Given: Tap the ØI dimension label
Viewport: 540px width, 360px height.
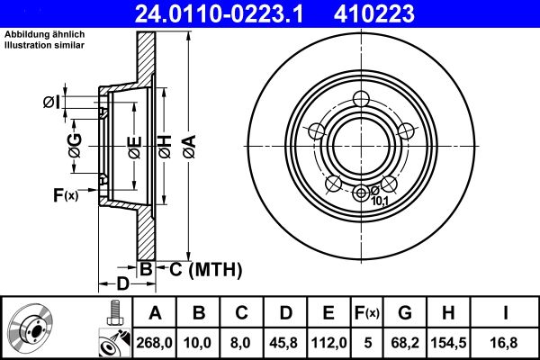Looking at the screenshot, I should point(51,102).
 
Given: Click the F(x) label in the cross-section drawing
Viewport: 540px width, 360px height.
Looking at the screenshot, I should point(66,194).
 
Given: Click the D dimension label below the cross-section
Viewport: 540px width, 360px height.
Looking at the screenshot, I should point(122,284).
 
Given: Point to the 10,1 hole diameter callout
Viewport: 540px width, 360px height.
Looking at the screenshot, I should point(380,201).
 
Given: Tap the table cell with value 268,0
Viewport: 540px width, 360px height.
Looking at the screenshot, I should point(157,341).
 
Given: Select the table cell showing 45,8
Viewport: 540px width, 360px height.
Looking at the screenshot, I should point(286,341).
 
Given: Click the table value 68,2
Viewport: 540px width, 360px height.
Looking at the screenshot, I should point(406,341).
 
